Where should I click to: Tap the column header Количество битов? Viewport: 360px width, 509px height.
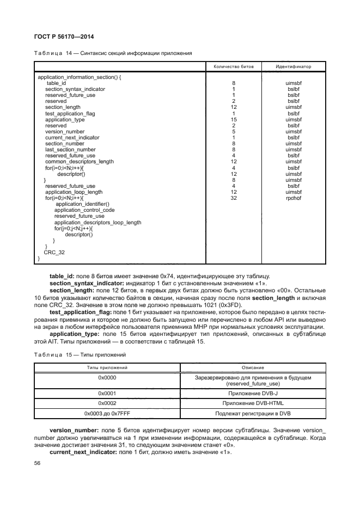[x=233, y=66]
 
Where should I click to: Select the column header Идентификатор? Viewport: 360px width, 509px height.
[x=294, y=66]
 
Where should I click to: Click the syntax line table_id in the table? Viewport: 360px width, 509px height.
[x=56, y=83]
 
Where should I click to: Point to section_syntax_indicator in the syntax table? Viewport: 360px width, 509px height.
[x=75, y=89]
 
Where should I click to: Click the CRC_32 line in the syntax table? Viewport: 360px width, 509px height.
[x=54, y=252]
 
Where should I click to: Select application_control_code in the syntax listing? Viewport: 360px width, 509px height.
[x=84, y=210]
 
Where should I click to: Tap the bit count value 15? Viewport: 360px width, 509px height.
[x=233, y=119]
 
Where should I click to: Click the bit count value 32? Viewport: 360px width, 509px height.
[x=233, y=198]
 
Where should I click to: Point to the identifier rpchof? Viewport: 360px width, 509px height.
[x=294, y=198]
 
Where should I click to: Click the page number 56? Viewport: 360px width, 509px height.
[x=38, y=463]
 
